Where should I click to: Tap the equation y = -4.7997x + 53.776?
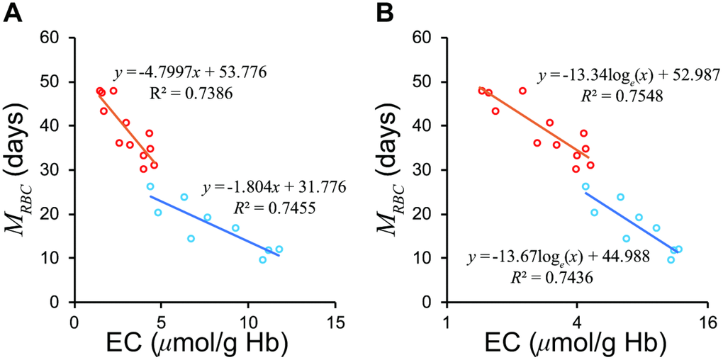190,73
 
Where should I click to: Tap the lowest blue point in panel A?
262,260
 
